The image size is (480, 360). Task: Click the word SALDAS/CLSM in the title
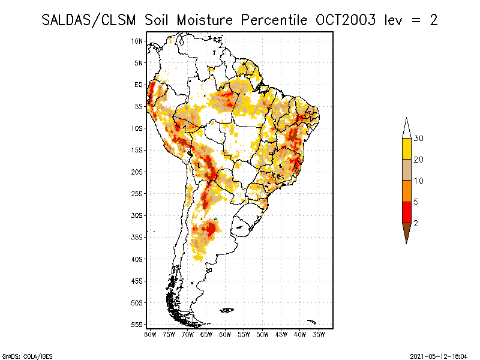pyautogui.click(x=91, y=20)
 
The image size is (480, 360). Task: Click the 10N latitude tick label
pyautogui.click(x=137, y=41)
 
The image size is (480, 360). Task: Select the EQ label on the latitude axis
pyautogui.click(x=139, y=85)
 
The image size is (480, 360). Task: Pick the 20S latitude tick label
pyautogui.click(x=137, y=172)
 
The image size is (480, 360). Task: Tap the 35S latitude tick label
pyautogui.click(x=137, y=237)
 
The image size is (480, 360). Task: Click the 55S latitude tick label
pyautogui.click(x=137, y=324)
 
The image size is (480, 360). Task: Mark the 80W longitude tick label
pyautogui.click(x=150, y=334)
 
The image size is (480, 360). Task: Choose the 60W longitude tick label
pyautogui.click(x=225, y=334)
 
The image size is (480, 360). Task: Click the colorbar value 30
pyautogui.click(x=419, y=139)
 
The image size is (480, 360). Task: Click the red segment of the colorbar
pyautogui.click(x=407, y=212)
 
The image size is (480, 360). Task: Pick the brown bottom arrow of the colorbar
pyautogui.click(x=407, y=231)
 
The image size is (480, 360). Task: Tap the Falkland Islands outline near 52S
pyautogui.click(x=227, y=310)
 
